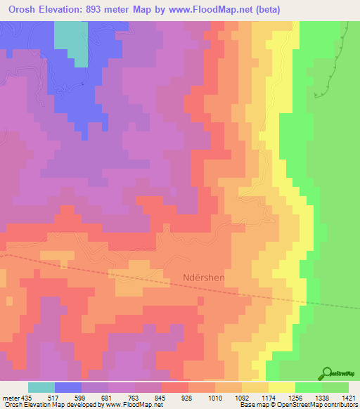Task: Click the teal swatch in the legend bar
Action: pyautogui.click(x=41, y=387)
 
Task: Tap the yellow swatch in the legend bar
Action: pyautogui.click(x=282, y=387)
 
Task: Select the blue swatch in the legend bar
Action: pyautogui.click(x=68, y=387)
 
